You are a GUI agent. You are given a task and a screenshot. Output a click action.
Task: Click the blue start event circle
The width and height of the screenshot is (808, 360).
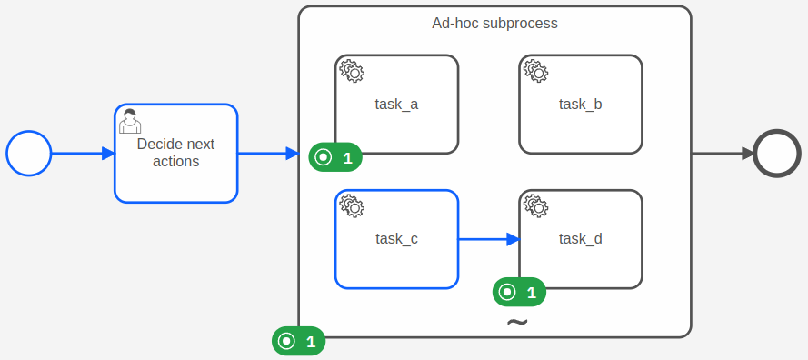point(29,154)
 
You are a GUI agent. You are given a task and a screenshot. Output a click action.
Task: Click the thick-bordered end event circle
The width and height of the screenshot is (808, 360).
point(777,154)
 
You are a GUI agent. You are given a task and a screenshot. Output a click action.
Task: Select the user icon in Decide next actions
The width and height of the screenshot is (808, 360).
point(130,121)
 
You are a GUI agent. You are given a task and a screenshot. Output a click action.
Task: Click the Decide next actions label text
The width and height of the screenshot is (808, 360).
point(175,153)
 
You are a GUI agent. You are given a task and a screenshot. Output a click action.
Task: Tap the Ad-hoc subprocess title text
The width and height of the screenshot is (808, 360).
point(494,23)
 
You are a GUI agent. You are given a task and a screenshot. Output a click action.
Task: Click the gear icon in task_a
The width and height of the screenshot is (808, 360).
point(352,71)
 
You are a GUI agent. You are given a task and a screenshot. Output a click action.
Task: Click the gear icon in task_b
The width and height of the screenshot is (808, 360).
point(535,71)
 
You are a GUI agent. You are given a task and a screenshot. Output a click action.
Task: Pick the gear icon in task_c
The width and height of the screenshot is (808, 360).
point(352,205)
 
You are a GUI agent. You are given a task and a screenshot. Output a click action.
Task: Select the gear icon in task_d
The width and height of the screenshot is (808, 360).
point(535,205)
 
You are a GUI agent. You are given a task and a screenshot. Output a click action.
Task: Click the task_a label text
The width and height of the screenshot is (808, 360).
point(396,104)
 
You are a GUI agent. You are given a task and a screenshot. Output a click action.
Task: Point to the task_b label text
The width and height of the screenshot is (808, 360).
point(580,104)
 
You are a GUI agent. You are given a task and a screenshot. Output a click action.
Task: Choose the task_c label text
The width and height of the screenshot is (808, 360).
point(396,239)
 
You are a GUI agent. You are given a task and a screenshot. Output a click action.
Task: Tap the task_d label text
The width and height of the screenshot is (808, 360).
point(580,239)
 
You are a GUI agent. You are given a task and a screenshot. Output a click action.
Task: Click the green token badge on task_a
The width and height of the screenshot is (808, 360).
point(335,157)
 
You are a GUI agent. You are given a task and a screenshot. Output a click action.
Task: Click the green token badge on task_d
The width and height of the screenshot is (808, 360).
point(519,292)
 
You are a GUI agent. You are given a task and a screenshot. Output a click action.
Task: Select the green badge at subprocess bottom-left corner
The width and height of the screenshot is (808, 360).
point(299,342)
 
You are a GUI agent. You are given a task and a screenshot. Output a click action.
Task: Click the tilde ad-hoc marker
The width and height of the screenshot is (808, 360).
point(516,323)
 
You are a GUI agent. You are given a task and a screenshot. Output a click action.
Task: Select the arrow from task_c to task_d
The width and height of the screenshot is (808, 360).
point(488,240)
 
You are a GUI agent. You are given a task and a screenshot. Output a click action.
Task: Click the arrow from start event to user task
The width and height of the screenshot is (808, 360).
point(83,154)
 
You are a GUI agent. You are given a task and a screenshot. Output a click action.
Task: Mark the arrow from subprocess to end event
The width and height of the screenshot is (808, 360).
point(723,154)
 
